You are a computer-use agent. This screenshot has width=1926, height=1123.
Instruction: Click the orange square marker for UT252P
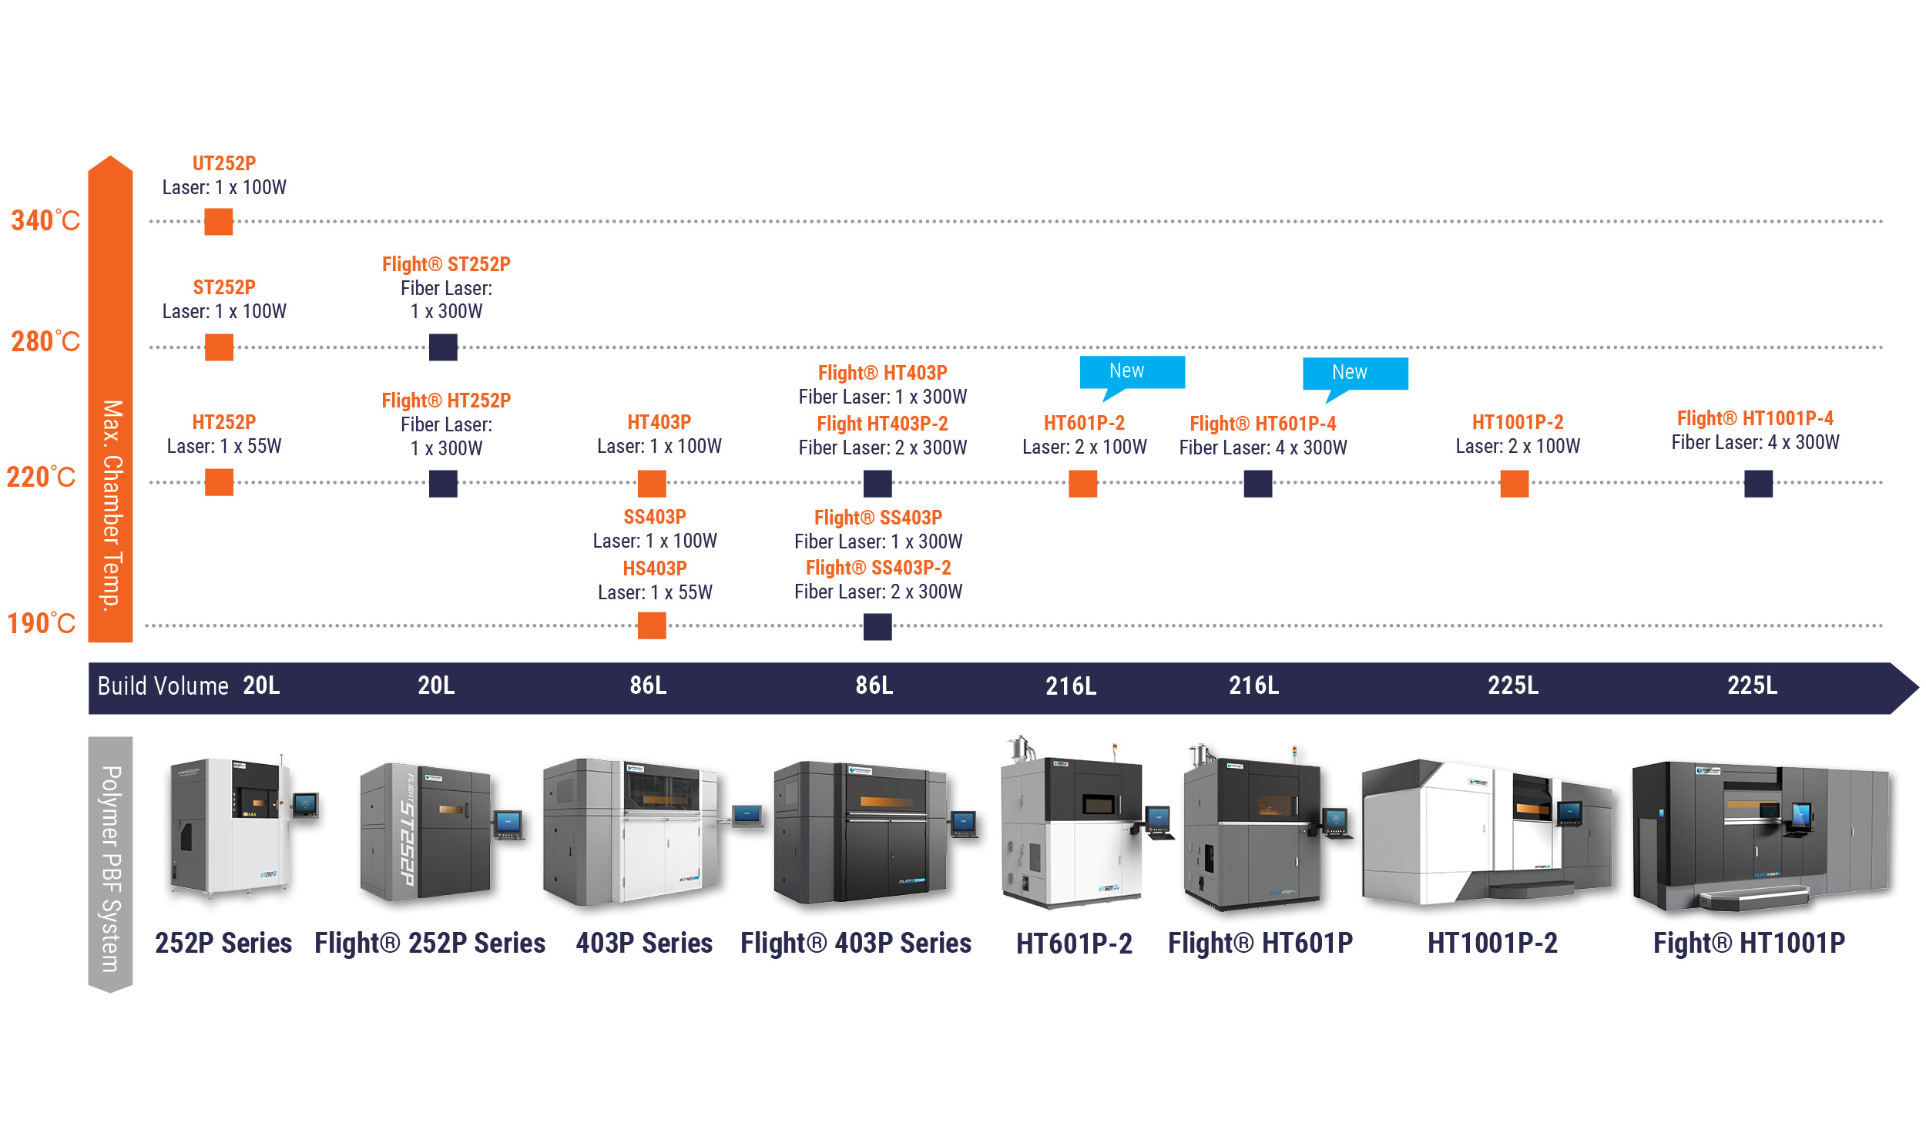pyautogui.click(x=219, y=222)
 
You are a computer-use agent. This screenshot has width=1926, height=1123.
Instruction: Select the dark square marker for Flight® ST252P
pyautogui.click(x=443, y=347)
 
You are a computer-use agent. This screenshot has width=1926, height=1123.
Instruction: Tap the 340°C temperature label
pyautogui.click(x=45, y=221)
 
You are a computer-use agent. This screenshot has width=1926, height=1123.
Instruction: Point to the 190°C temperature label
pyautogui.click(x=41, y=623)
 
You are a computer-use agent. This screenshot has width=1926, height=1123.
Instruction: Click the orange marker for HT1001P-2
pyautogui.click(x=1515, y=484)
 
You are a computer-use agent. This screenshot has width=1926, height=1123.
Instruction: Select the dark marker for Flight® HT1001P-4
pyautogui.click(x=1759, y=484)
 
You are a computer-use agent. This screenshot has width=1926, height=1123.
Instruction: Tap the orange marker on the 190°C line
pyautogui.click(x=652, y=625)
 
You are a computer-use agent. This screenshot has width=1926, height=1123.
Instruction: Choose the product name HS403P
pyautogui.click(x=655, y=568)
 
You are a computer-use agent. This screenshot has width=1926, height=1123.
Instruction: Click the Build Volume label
pyautogui.click(x=163, y=686)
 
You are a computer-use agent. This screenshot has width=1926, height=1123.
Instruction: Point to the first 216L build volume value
pyautogui.click(x=1071, y=686)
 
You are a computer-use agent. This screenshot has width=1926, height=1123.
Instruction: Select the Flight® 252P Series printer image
pyautogui.click(x=441, y=832)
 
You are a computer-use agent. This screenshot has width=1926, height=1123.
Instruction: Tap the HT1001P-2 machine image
pyautogui.click(x=1487, y=832)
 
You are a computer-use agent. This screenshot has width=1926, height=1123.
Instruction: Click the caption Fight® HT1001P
pyautogui.click(x=1749, y=943)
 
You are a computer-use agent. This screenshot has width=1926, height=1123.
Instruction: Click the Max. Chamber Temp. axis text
pyautogui.click(x=112, y=505)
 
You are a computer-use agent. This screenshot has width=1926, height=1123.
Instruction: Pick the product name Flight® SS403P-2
pyautogui.click(x=878, y=568)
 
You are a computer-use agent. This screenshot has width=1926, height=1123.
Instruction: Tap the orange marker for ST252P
pyautogui.click(x=219, y=347)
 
